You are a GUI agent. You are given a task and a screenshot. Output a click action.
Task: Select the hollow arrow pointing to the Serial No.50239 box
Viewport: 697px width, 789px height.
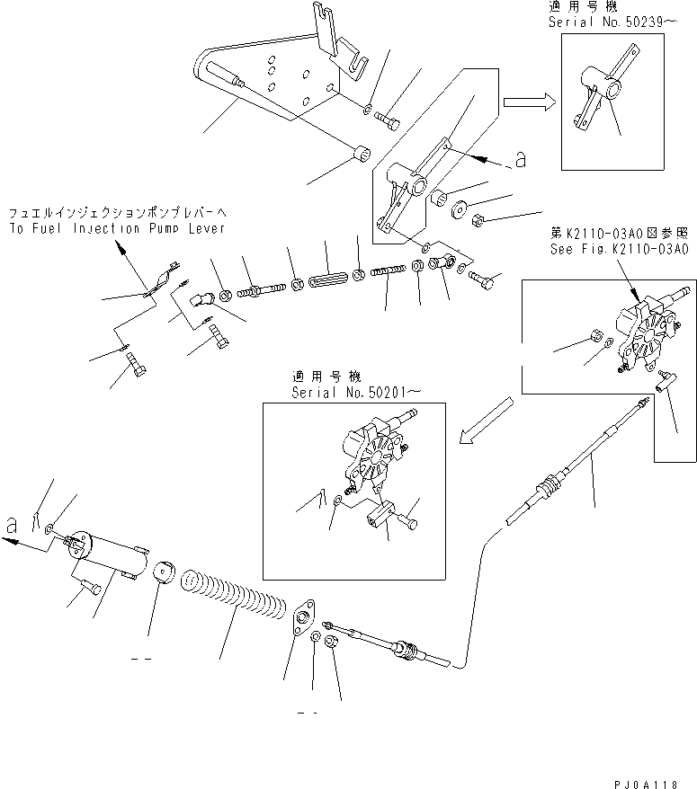click(529, 102)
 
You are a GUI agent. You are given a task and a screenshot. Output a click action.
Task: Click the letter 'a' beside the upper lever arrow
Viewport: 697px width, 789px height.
click(519, 161)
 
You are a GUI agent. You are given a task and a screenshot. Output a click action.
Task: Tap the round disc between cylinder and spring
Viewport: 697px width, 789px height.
click(163, 574)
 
